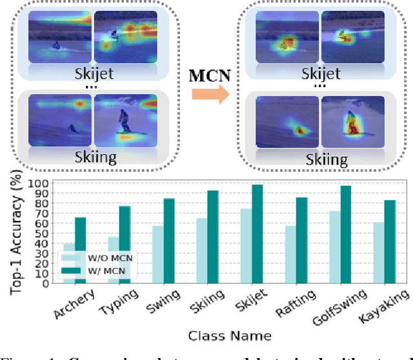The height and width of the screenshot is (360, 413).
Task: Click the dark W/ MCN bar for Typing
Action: (x=124, y=245)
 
